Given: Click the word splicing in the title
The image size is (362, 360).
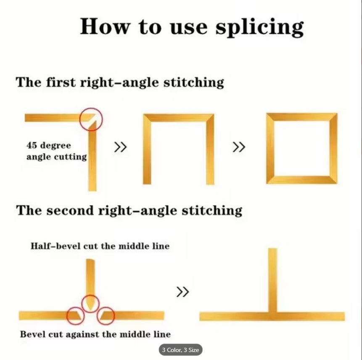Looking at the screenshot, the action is pos(259,27).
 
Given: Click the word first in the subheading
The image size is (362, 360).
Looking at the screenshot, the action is pos(61,82).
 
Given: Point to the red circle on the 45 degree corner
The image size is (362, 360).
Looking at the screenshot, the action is pos(91,109).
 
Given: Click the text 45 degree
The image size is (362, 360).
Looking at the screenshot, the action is pos(49,146).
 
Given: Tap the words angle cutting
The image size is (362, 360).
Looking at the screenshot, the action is pos(57,157).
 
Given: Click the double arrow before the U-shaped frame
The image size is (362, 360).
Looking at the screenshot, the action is pos(120,147).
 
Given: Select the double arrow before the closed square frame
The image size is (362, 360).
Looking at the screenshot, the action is pos(239,147).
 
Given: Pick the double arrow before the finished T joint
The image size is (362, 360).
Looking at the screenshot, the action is pos(182,292).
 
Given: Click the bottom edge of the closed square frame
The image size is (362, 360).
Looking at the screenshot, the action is pos(302,180).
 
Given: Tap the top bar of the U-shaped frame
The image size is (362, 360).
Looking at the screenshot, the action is pos(178,117).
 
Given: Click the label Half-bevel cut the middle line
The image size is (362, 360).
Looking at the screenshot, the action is pos(100,246).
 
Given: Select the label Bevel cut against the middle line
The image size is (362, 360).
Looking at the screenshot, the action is pos(95,334).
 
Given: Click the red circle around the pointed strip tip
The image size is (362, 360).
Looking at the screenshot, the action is pos(90,295).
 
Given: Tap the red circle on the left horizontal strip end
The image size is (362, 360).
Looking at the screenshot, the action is pos(75,307).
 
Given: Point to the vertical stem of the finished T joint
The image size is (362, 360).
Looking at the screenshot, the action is pos(272,280).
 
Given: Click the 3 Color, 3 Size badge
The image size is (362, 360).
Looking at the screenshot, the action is pos(180,350).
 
